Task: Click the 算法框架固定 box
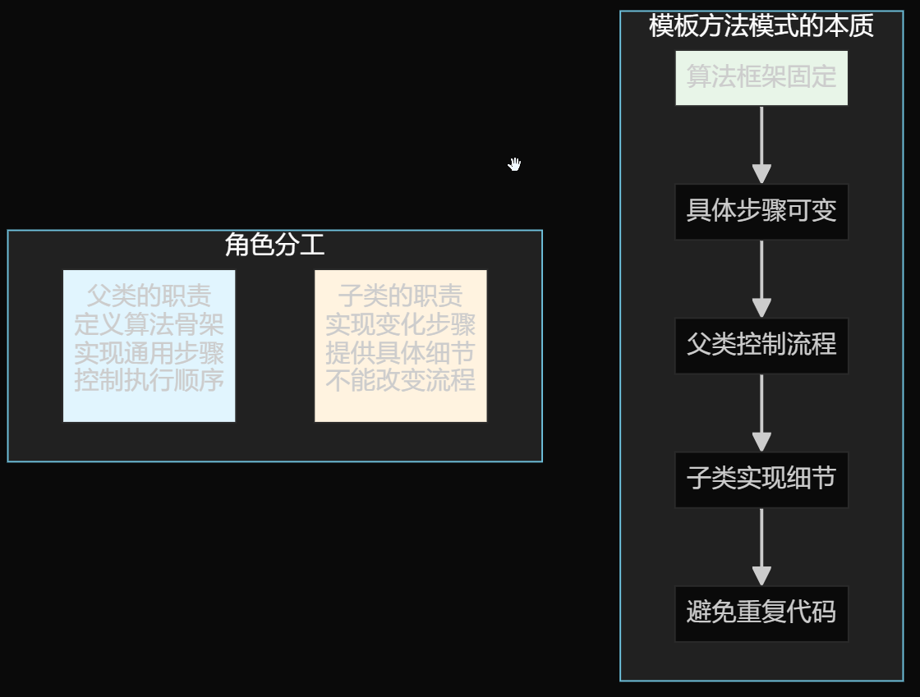(x=761, y=78)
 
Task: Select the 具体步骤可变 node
(x=761, y=212)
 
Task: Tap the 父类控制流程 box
(x=761, y=346)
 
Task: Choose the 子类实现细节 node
(x=761, y=479)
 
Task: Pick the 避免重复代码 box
(x=761, y=613)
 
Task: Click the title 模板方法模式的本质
(x=761, y=26)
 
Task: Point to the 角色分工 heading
(x=274, y=245)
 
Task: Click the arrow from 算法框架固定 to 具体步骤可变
(x=761, y=144)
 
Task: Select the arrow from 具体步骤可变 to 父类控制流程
(x=761, y=278)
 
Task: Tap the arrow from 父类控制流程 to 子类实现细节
(x=761, y=412)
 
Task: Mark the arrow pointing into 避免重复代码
(x=761, y=546)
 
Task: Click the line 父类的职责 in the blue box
(x=149, y=296)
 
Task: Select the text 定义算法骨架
(x=149, y=324)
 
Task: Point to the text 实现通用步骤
(x=149, y=353)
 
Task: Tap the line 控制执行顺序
(x=149, y=381)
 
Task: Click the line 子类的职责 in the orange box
(x=400, y=296)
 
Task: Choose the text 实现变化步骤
(x=400, y=324)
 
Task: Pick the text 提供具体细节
(x=400, y=353)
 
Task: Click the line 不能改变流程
(x=400, y=381)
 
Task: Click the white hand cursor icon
(x=514, y=164)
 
